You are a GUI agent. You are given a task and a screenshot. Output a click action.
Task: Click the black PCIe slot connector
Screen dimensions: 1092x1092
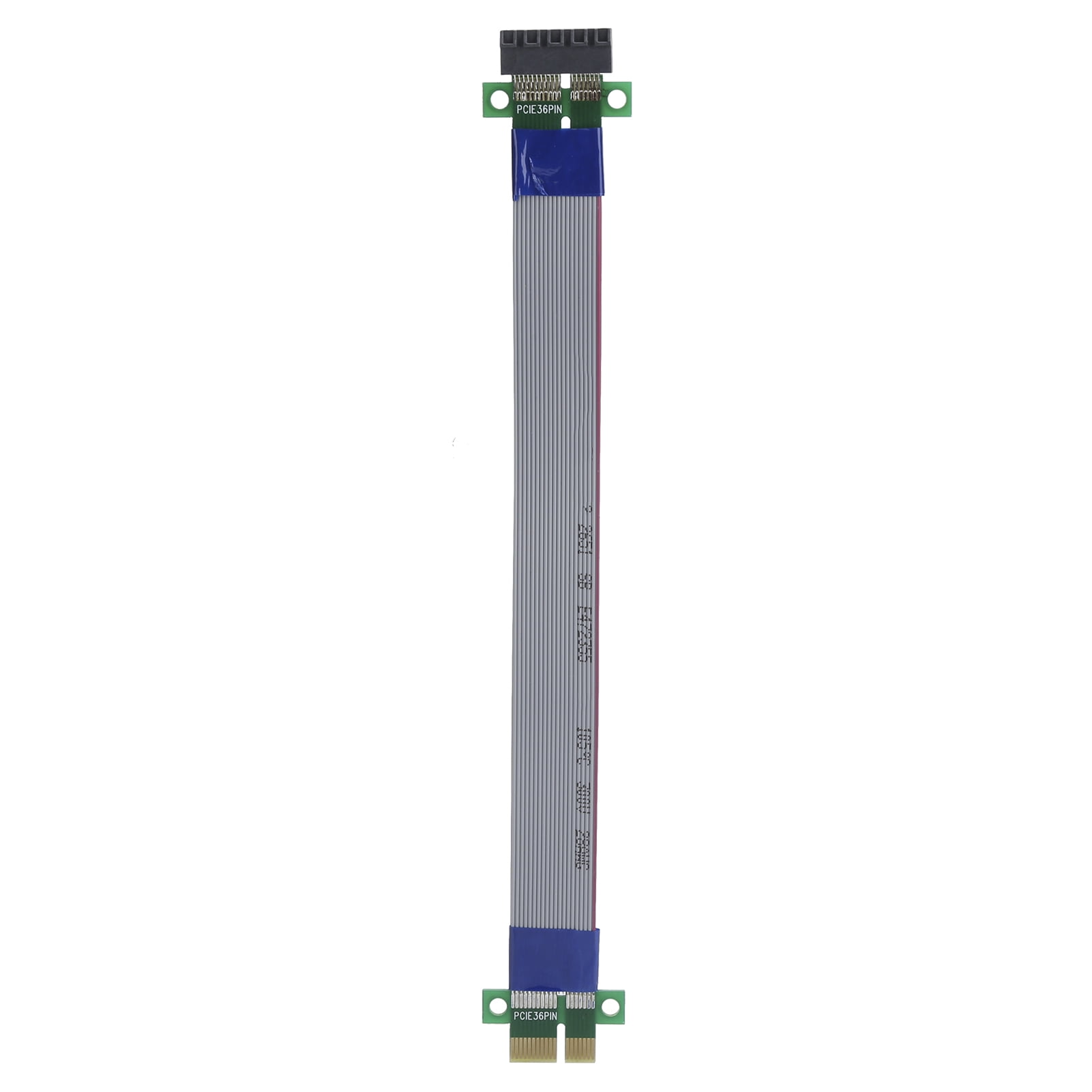coord(556,51)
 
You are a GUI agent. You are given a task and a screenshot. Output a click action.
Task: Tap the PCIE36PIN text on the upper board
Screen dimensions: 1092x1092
coord(539,109)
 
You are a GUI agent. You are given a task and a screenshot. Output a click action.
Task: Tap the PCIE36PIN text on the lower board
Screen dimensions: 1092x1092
coord(535,1016)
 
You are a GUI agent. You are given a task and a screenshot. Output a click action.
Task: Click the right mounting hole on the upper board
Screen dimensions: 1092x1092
coord(616,99)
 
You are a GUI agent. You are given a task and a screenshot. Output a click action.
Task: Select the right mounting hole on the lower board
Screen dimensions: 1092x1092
coord(610,1006)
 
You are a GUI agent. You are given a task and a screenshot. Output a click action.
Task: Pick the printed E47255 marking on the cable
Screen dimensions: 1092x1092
coord(585,632)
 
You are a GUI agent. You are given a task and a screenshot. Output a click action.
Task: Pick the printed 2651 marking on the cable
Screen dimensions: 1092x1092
coord(585,539)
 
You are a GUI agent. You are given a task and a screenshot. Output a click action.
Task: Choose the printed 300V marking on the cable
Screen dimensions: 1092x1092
coord(583,797)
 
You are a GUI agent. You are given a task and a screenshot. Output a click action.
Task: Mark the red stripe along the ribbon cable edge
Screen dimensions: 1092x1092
coord(599,546)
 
